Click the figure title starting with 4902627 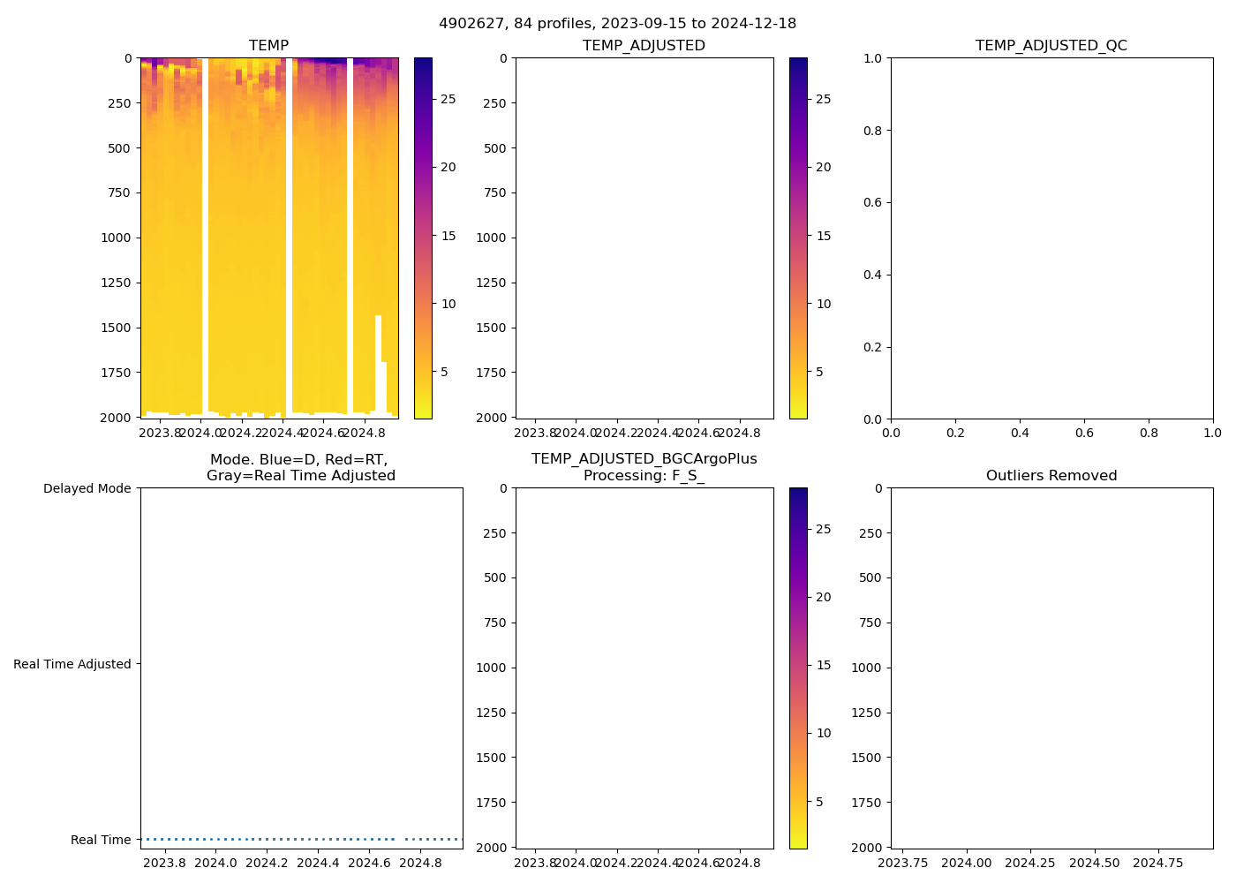pyautogui.click(x=617, y=23)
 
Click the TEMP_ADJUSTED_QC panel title pyautogui.click(x=1051, y=45)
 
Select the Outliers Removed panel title pyautogui.click(x=1051, y=475)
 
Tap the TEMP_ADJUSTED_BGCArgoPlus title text pyautogui.click(x=644, y=459)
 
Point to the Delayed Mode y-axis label pyautogui.click(x=87, y=488)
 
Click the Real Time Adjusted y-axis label pyautogui.click(x=72, y=664)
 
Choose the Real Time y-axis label pyautogui.click(x=101, y=840)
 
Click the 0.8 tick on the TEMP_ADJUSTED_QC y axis pyautogui.click(x=872, y=131)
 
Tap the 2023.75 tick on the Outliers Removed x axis pyautogui.click(x=903, y=863)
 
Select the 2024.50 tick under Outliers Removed pyautogui.click(x=1095, y=863)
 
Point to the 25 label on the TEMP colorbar pyautogui.click(x=448, y=99)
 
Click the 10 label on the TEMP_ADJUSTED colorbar pyautogui.click(x=824, y=304)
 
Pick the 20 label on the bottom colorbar pyautogui.click(x=824, y=597)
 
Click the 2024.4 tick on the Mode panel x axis pyautogui.click(x=318, y=863)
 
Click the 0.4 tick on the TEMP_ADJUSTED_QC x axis pyautogui.click(x=1020, y=433)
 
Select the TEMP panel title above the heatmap pyautogui.click(x=268, y=45)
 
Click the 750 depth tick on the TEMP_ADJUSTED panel pyautogui.click(x=494, y=192)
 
